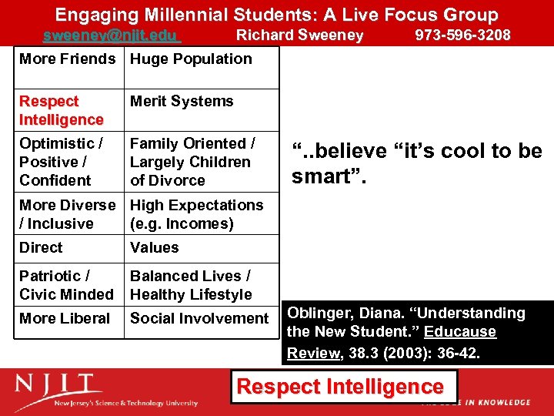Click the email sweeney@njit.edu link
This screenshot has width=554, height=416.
pos(111,35)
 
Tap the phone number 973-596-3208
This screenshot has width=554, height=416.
pos(462,35)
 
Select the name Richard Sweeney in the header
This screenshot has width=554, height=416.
pos(299,35)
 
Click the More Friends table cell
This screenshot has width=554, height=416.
pos(67,59)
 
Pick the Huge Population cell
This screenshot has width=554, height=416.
pos(191,59)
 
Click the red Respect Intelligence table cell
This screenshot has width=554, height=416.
pos(61,110)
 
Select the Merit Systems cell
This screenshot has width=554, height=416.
pos(182,102)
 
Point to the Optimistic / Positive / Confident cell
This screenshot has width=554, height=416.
pos(61,162)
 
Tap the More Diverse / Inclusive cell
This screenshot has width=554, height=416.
pos(67,214)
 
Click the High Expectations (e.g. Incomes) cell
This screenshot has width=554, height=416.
pos(196,214)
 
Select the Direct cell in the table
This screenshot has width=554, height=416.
pos(42,248)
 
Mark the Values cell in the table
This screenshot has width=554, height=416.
pos(155,248)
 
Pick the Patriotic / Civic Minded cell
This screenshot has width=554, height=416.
pos(65,285)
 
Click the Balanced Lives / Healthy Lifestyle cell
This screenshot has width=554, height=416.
pos(191,285)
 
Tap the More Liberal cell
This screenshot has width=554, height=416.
pos(65,318)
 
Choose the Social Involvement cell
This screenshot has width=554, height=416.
pos(199,318)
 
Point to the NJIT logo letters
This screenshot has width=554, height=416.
pos(57,385)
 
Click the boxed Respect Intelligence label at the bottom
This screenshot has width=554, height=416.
pos(340,387)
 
